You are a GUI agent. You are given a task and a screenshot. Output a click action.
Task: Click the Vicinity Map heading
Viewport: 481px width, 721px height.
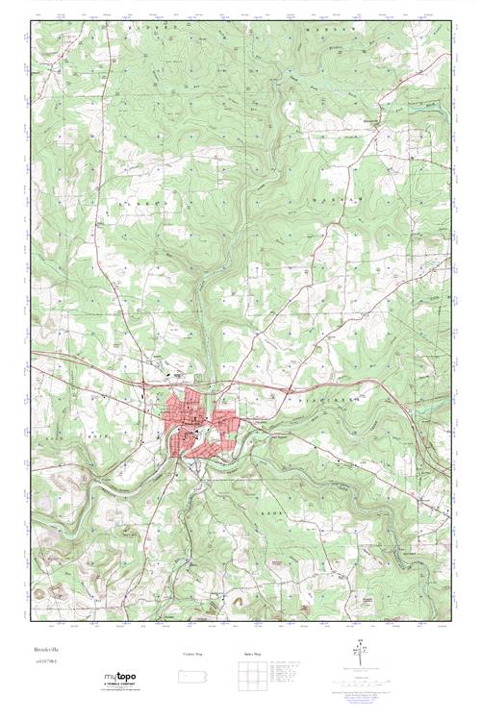click(192, 655)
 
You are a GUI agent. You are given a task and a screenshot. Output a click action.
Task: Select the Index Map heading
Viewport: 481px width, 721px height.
click(252, 655)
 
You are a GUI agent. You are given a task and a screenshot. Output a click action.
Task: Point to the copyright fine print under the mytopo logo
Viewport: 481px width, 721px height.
click(117, 691)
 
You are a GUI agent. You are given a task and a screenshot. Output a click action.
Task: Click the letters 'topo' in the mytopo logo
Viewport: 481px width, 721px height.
click(125, 676)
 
